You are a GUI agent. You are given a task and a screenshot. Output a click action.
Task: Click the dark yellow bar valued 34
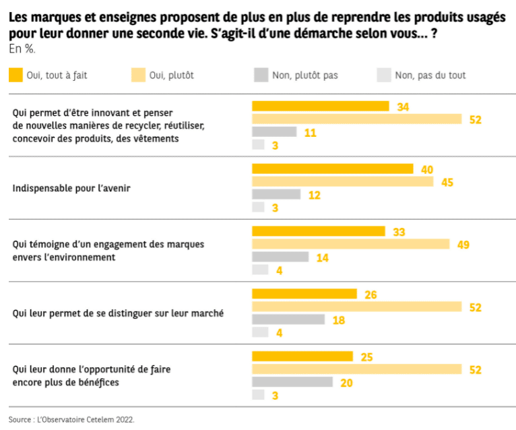pyautogui.click(x=320, y=106)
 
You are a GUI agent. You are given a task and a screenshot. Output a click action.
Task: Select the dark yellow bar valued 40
pyautogui.click(x=332, y=168)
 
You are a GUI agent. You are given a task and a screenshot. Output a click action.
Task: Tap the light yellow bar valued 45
pyautogui.click(x=342, y=181)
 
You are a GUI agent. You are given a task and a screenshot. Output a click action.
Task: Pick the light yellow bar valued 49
pyautogui.click(x=350, y=244)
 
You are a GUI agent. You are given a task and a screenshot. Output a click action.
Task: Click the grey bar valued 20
pyautogui.click(x=292, y=381)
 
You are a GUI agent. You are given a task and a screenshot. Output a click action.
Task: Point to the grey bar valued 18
pyautogui.click(x=288, y=319)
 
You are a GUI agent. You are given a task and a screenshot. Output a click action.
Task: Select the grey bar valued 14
pyautogui.click(x=280, y=257)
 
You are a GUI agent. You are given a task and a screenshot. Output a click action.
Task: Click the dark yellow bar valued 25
pyautogui.click(x=302, y=356)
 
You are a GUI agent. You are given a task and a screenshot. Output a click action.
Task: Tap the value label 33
pyautogui.click(x=399, y=232)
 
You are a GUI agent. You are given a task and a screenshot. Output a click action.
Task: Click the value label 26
pyautogui.click(x=370, y=295)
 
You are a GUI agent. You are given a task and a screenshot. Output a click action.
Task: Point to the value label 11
pyautogui.click(x=311, y=133)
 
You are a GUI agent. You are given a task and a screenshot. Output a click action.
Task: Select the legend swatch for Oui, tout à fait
pyautogui.click(x=15, y=75)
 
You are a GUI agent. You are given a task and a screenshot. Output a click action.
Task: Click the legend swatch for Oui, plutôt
pyautogui.click(x=138, y=75)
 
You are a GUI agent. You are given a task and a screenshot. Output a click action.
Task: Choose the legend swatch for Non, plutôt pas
pyautogui.click(x=261, y=75)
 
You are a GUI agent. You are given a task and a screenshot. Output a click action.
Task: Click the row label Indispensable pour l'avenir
pyautogui.click(x=71, y=188)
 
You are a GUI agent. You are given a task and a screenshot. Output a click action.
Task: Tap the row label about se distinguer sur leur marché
pyautogui.click(x=118, y=313)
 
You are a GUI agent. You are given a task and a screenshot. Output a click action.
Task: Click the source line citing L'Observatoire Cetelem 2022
pyautogui.click(x=72, y=419)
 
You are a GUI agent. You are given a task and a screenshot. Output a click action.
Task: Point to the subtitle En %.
pyautogui.click(x=22, y=49)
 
